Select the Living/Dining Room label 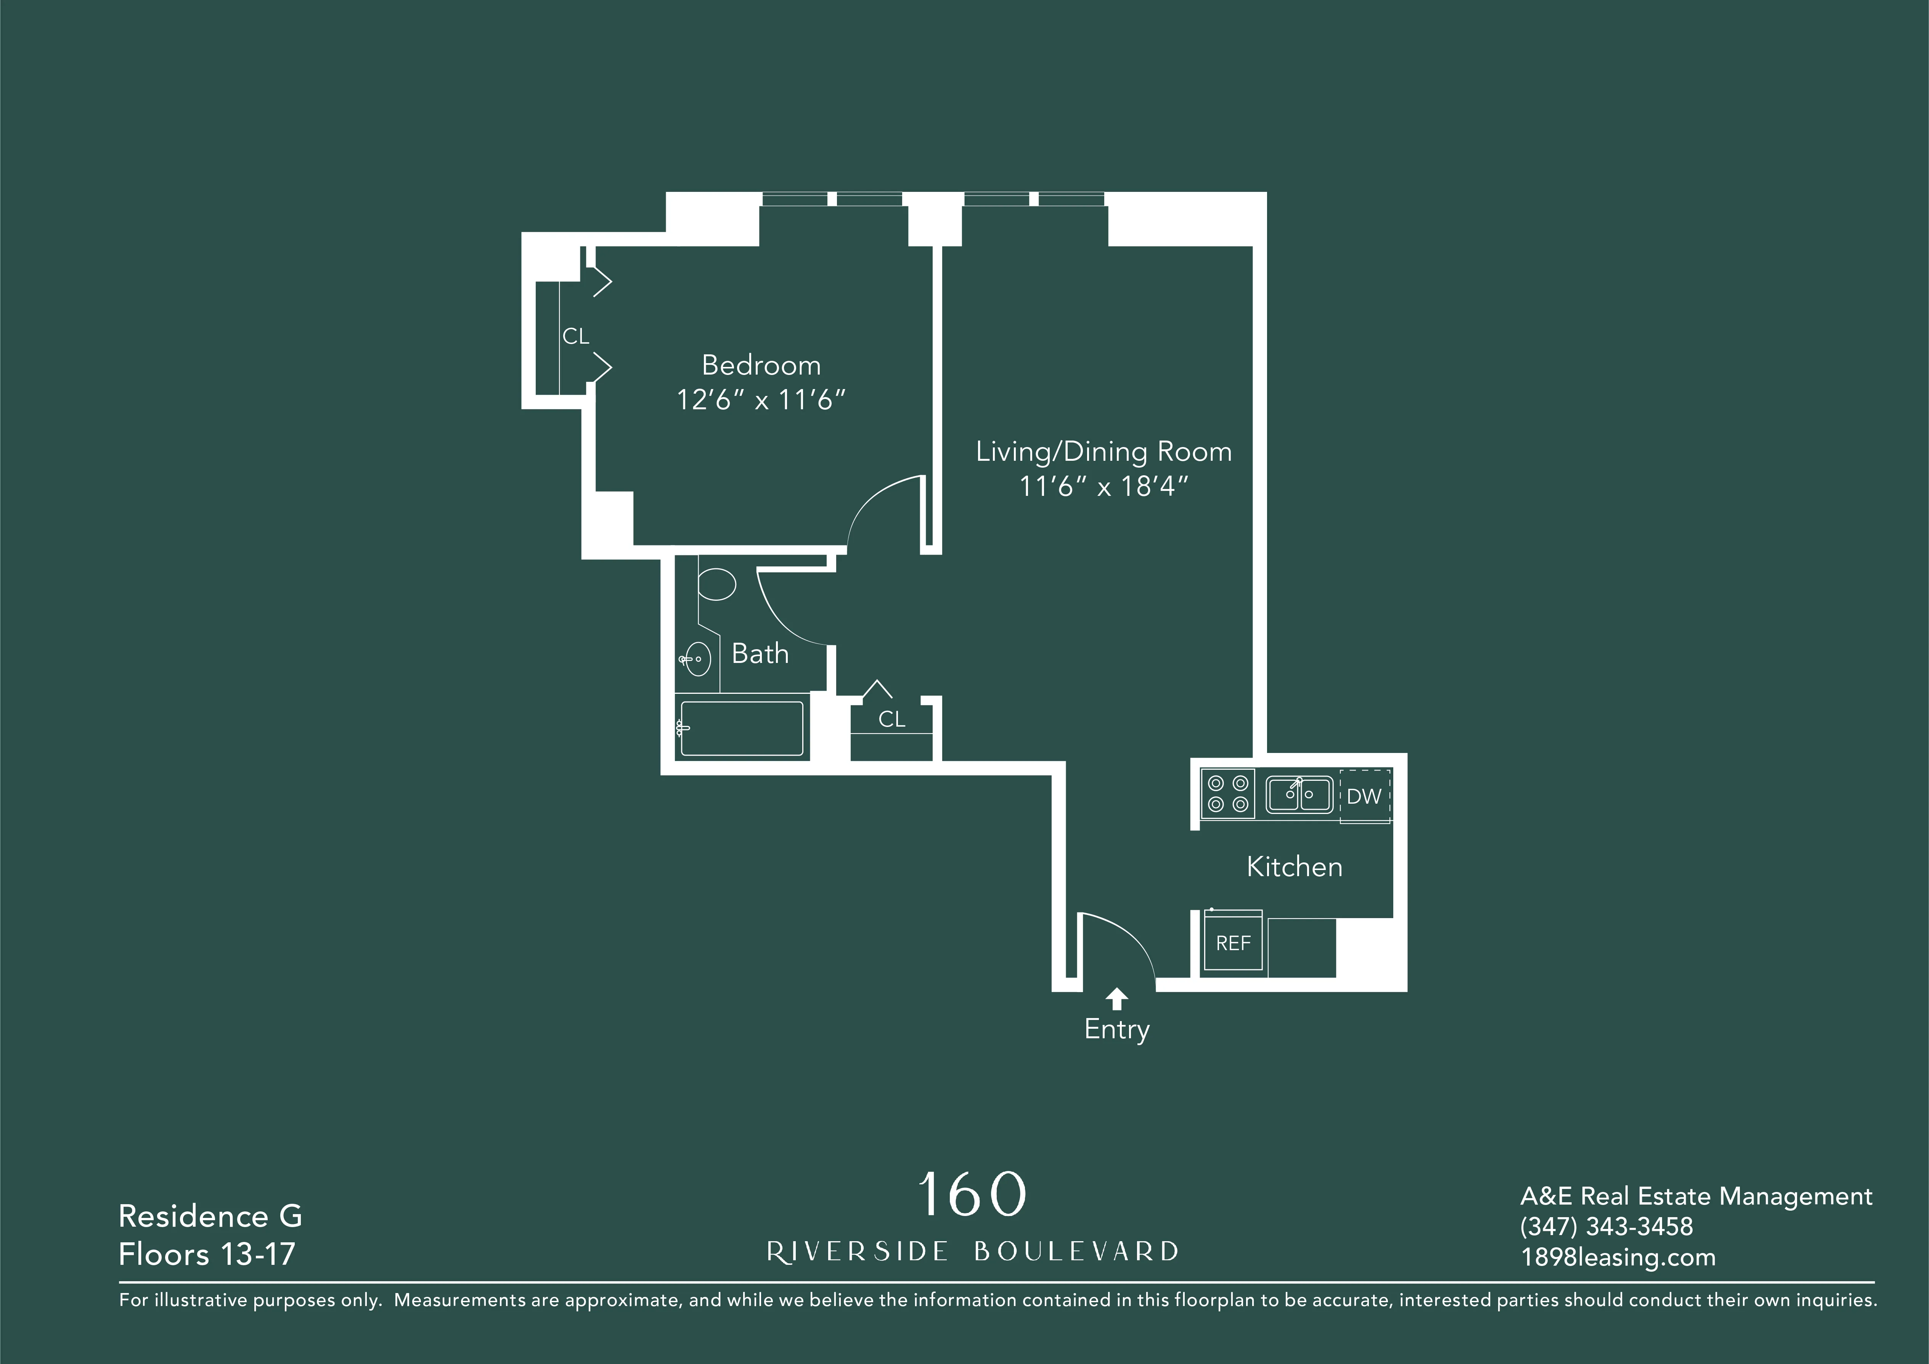pyautogui.click(x=1103, y=452)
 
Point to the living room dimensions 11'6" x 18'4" pyautogui.click(x=1103, y=487)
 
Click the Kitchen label pyautogui.click(x=1294, y=867)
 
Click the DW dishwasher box pyautogui.click(x=1364, y=796)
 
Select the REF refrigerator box pyautogui.click(x=1232, y=943)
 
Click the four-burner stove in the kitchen pyautogui.click(x=1227, y=793)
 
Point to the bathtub pyautogui.click(x=741, y=728)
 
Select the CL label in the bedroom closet pyautogui.click(x=575, y=336)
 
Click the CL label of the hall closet pyautogui.click(x=891, y=719)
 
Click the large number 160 pyautogui.click(x=972, y=1194)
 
